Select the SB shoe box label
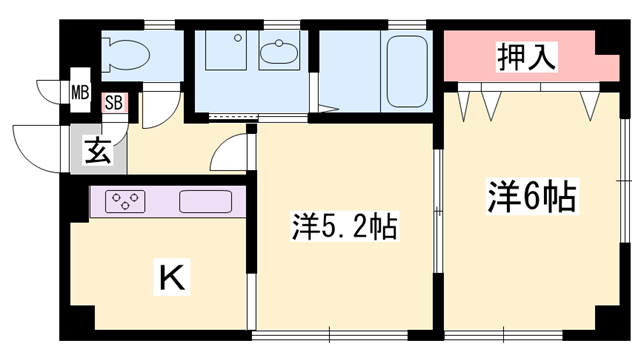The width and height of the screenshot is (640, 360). [114, 101]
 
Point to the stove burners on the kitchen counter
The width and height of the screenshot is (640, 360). [126, 200]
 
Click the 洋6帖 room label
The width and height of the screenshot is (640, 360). [531, 196]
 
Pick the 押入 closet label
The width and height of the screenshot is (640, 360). [526, 57]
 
